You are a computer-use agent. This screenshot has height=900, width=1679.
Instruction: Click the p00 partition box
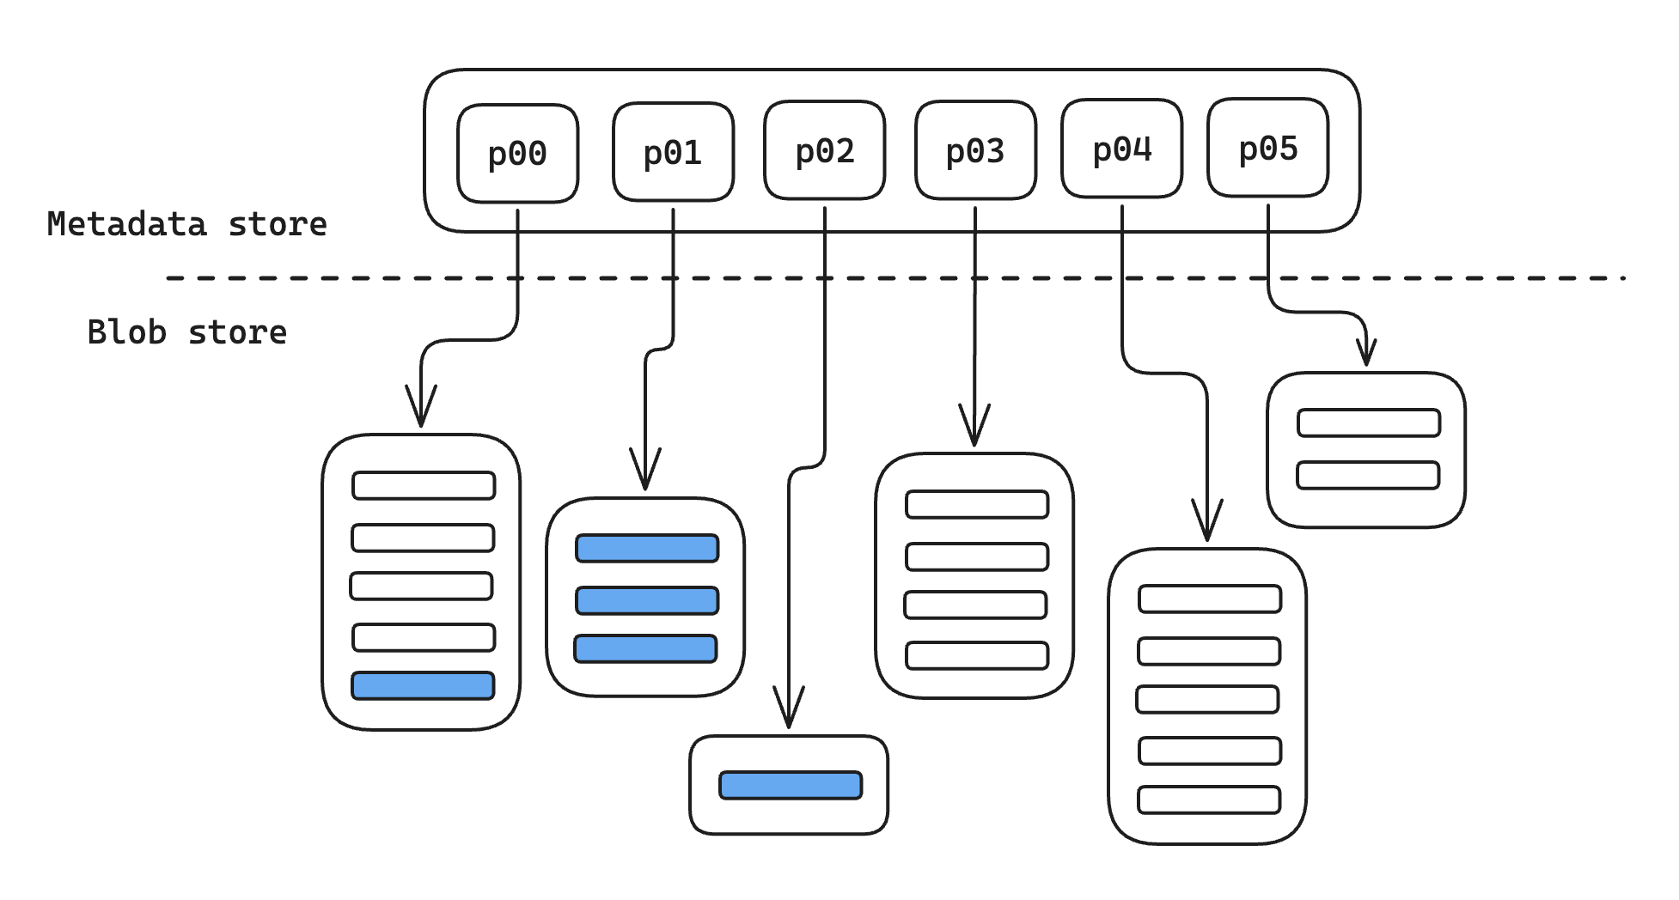pos(517,154)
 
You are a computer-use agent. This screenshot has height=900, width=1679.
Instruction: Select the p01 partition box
pos(673,152)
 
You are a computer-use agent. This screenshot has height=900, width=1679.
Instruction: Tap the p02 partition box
pos(824,150)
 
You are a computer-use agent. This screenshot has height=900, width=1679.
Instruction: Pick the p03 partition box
pos(975,150)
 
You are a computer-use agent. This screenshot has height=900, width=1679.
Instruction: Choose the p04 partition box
pos(1121,149)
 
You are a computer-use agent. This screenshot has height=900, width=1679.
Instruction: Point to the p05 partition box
pos(1267,148)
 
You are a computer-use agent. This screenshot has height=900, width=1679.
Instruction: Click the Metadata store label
pos(187,224)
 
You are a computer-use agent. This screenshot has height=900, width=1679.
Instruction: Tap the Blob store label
pos(187,332)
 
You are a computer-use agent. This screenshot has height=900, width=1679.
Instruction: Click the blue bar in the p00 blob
pos(423,685)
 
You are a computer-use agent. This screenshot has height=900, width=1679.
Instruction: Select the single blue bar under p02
pos(791,785)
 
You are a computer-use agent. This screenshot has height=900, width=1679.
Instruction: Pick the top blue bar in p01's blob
pos(647,548)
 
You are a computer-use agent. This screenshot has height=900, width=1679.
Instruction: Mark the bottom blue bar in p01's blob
pos(645,648)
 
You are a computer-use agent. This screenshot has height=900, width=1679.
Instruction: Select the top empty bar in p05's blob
pos(1369,423)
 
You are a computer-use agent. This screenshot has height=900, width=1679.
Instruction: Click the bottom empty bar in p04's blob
pos(1209,800)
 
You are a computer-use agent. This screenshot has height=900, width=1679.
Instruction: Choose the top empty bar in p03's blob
pos(977,504)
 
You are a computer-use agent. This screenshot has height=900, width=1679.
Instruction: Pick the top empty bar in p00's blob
pos(424,485)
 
